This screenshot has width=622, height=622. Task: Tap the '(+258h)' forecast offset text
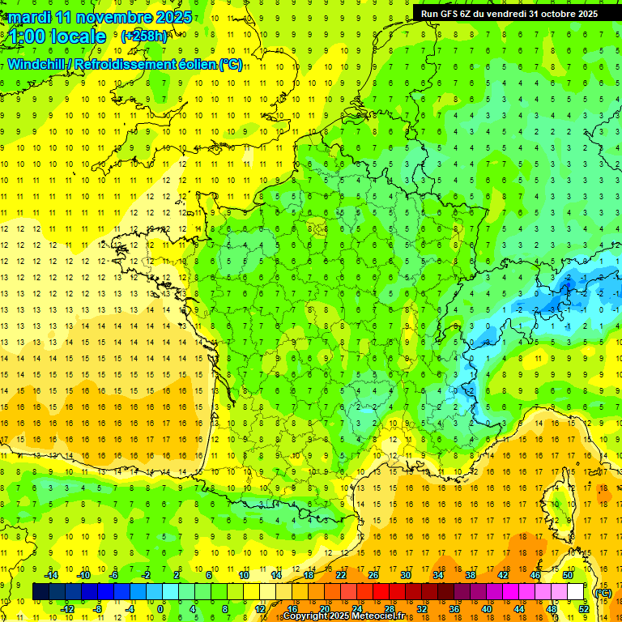click(x=144, y=36)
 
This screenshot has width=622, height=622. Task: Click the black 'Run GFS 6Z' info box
click(x=509, y=13)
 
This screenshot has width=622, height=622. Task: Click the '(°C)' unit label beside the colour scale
click(x=602, y=592)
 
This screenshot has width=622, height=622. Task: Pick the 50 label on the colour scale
click(x=567, y=575)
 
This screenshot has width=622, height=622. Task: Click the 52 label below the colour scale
click(x=583, y=609)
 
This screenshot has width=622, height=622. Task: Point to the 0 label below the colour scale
click(x=160, y=609)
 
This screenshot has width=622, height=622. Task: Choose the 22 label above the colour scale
click(x=341, y=575)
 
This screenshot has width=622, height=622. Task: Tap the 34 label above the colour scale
click(x=438, y=575)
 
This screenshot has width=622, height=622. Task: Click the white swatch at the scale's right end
click(x=576, y=592)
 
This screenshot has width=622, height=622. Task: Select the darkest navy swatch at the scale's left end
click(x=41, y=592)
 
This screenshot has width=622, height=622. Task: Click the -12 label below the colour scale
click(x=67, y=609)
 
